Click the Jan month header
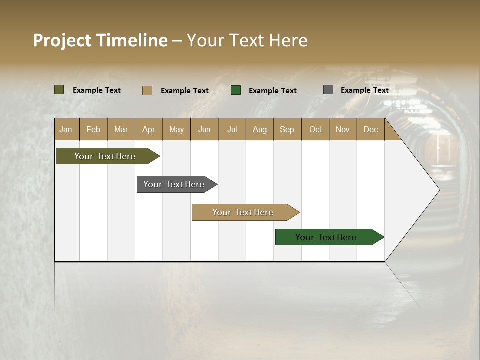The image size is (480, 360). click(66, 129)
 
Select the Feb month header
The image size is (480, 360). click(93, 129)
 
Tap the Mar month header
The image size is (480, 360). click(121, 129)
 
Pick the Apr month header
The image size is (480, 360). click(149, 129)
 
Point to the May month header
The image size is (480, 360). click(176, 129)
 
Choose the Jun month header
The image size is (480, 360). click(204, 129)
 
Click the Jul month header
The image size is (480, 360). click(232, 129)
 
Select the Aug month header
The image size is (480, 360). click(260, 129)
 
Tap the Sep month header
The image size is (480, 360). click(287, 129)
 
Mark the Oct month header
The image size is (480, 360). click(315, 129)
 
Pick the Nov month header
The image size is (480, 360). click(343, 129)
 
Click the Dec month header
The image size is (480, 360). click(371, 129)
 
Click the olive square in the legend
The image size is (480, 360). click(59, 90)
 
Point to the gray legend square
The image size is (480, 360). click(328, 90)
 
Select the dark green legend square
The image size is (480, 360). click(236, 90)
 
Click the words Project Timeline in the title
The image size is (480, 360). click(100, 40)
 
